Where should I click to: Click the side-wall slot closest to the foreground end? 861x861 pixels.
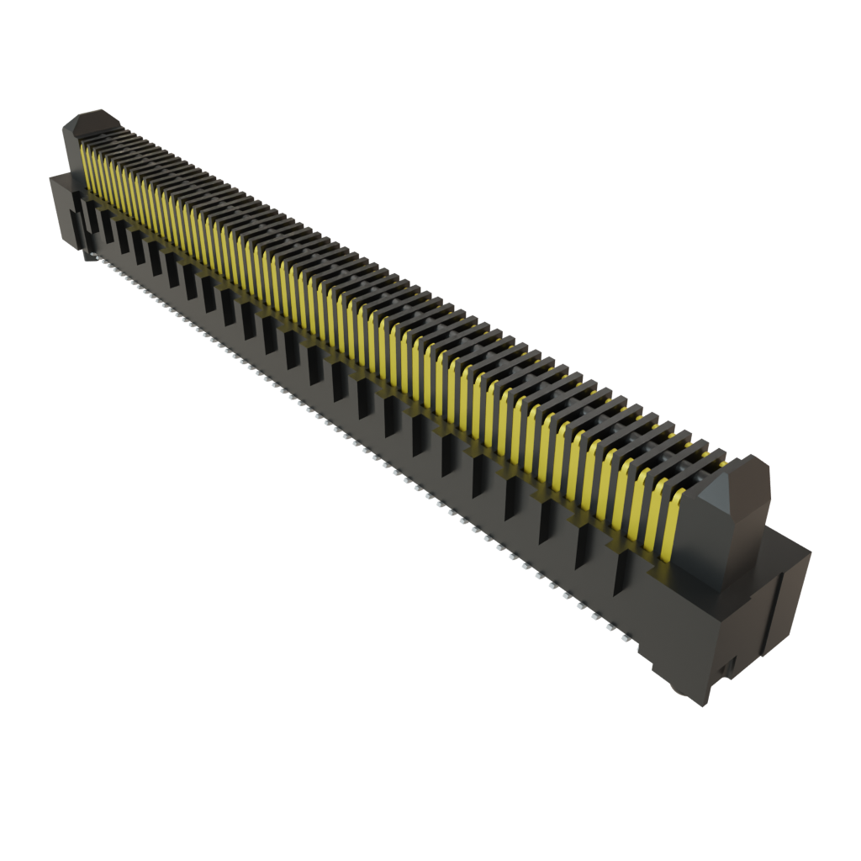[x=623, y=572]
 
